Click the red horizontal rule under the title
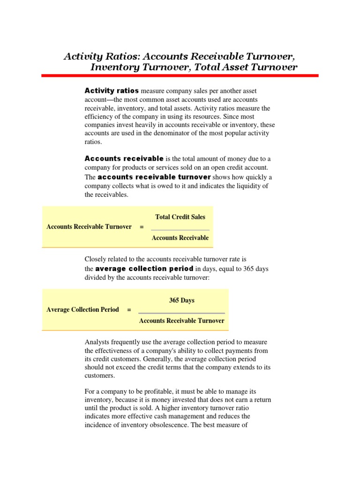tap(180, 75)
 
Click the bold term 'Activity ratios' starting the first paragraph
tap(111, 90)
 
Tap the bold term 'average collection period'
tap(144, 269)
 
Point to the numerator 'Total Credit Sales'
tap(180, 217)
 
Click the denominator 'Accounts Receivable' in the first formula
tap(180, 238)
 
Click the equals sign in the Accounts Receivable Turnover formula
tap(142, 227)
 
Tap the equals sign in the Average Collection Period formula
tap(129, 310)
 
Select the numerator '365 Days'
tap(181, 300)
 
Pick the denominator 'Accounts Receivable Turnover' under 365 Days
tap(181, 321)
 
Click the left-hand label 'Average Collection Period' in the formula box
tap(83, 310)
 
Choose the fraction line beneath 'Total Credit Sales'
tap(180, 230)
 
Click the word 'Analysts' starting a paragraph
tap(97, 342)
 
